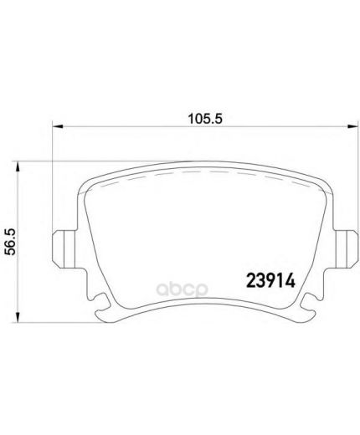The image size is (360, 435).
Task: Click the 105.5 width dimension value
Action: point(205,119)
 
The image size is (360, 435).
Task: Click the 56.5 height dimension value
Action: point(11,242)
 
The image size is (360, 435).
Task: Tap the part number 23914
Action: point(270,280)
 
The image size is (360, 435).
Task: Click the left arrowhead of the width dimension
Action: point(58,127)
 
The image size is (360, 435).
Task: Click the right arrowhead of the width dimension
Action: point(352,127)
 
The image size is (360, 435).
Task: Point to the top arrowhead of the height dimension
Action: point(18,167)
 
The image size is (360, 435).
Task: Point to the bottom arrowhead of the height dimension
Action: point(18,317)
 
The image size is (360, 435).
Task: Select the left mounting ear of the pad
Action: point(64,249)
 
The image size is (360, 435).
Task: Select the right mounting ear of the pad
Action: point(346,249)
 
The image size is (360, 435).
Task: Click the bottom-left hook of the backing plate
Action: point(102,308)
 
